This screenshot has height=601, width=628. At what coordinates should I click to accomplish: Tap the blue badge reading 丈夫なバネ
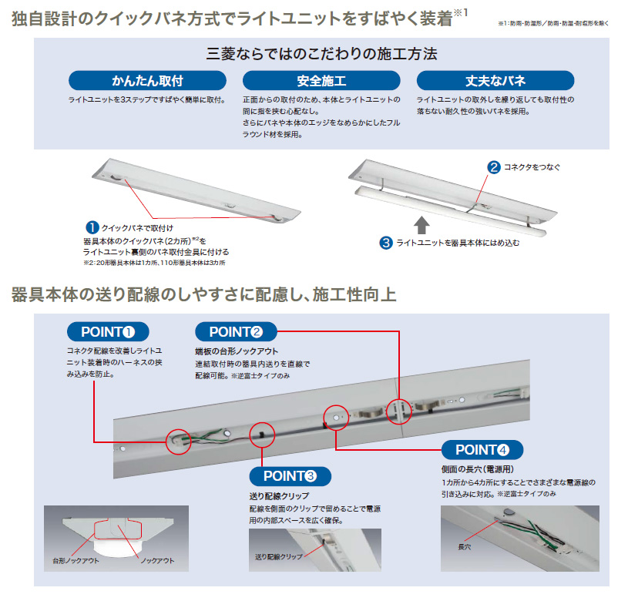[x=495, y=81]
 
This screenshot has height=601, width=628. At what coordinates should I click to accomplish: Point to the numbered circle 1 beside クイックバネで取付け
[x=92, y=227]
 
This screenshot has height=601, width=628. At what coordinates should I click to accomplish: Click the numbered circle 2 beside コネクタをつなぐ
[x=493, y=166]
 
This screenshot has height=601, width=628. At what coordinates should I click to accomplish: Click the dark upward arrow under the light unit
[x=421, y=225]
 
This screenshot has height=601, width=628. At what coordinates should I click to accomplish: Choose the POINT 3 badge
[x=290, y=476]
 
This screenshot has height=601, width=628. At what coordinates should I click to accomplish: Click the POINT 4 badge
[x=482, y=450]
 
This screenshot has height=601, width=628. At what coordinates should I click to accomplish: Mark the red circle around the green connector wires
[x=178, y=440]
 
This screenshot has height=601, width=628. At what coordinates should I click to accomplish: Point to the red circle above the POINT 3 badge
[x=262, y=433]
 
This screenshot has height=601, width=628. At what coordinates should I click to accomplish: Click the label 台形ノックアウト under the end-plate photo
[x=76, y=561]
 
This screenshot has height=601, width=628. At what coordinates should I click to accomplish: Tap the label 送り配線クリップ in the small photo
[x=278, y=556]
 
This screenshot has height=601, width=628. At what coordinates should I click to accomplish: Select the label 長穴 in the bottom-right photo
[x=465, y=546]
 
